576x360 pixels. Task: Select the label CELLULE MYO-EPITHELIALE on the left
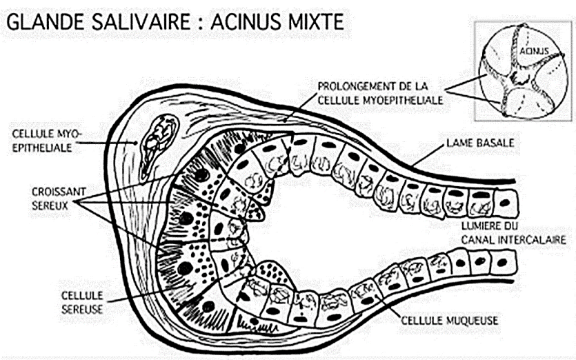46,140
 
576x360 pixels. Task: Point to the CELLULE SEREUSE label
82,302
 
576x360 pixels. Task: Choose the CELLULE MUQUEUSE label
449,320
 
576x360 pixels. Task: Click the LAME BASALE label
480,143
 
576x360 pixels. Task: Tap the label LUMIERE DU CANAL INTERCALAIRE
513,233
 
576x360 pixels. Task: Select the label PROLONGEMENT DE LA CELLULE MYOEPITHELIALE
380,93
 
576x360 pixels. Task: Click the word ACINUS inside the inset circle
534,51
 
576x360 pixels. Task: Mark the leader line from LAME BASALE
427,156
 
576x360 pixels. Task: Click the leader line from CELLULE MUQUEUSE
387,307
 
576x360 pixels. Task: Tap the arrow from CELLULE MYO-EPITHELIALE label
108,143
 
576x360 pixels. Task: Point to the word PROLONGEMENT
352,86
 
